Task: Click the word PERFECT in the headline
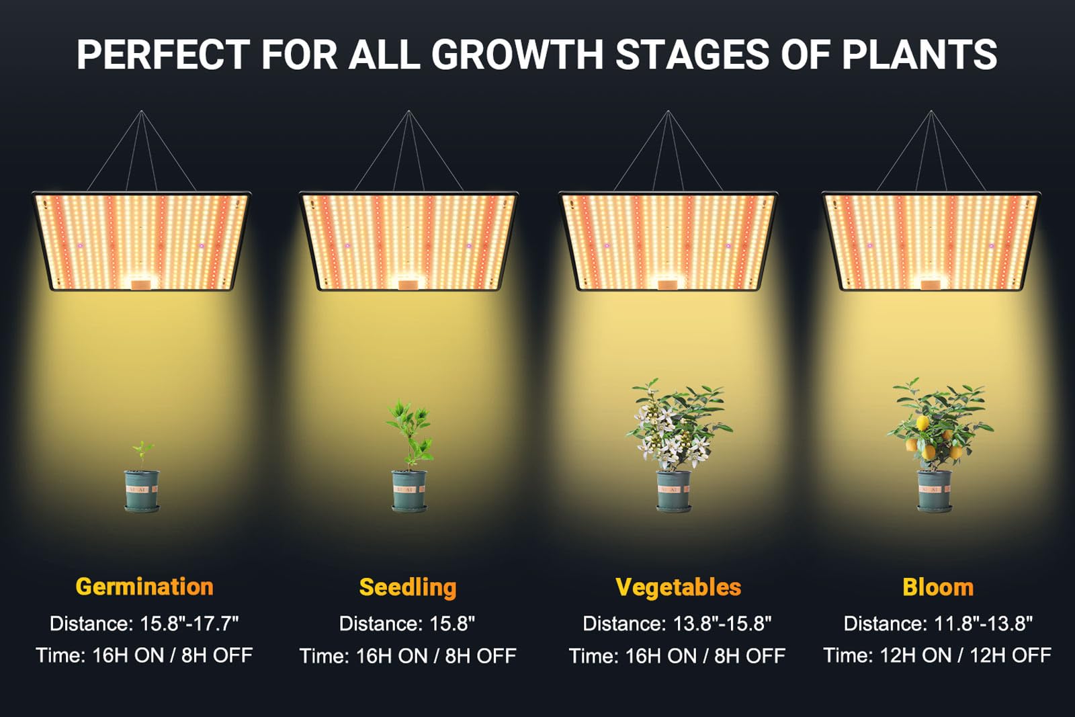point(163,54)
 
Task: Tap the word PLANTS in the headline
point(920,54)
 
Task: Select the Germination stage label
point(144,587)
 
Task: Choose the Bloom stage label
point(938,587)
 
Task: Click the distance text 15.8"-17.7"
point(189,624)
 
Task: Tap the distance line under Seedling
point(407,624)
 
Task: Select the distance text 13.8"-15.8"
point(722,624)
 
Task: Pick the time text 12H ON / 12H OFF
point(965,655)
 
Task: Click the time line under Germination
point(144,655)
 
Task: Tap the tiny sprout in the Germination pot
point(142,455)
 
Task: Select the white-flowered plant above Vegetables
point(678,424)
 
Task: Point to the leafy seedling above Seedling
point(409,434)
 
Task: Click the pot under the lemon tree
point(935,491)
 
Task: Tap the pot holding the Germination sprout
point(142,491)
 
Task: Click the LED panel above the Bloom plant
point(931,241)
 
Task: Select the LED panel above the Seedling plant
point(408,241)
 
